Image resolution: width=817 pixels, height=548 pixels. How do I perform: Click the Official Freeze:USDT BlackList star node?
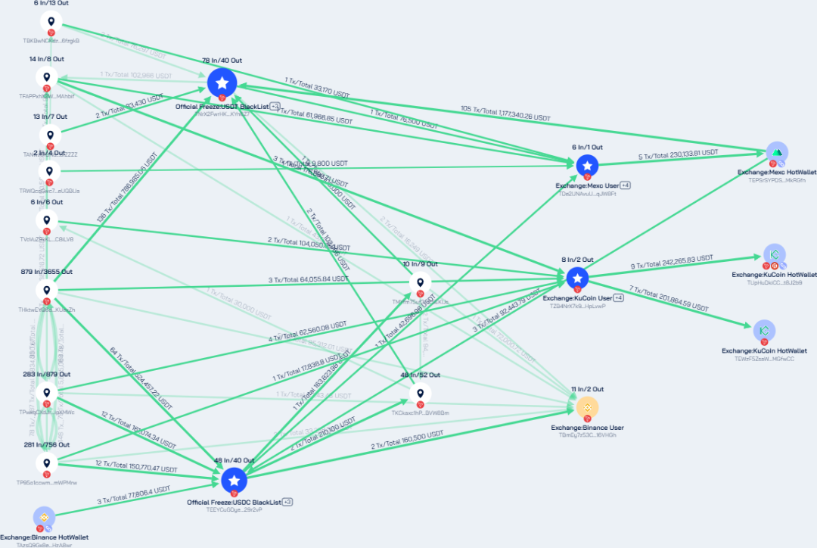pyautogui.click(x=222, y=83)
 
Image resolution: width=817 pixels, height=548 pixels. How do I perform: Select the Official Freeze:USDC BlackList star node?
pyautogui.click(x=233, y=480)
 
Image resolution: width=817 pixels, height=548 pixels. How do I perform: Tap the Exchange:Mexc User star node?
pyautogui.click(x=587, y=166)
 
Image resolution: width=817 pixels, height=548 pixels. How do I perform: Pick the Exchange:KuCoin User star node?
pyautogui.click(x=576, y=278)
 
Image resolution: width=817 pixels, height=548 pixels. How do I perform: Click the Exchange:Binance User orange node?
pyautogui.click(x=586, y=408)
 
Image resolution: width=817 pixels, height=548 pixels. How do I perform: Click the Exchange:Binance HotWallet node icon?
pyautogui.click(x=44, y=518)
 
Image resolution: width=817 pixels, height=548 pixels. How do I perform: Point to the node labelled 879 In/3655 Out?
pyautogui.click(x=47, y=290)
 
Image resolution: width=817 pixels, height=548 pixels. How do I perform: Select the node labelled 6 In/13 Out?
pyautogui.click(x=51, y=22)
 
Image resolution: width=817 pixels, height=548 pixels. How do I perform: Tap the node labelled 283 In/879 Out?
pyautogui.click(x=47, y=393)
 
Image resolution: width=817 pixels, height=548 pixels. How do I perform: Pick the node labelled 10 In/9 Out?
pyautogui.click(x=419, y=282)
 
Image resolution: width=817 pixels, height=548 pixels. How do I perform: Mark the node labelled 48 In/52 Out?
pyautogui.click(x=419, y=394)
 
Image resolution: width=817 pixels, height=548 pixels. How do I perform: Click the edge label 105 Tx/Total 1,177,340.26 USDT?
pyautogui.click(x=505, y=113)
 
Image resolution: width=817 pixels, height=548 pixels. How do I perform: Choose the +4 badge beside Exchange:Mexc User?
pyautogui.click(x=626, y=185)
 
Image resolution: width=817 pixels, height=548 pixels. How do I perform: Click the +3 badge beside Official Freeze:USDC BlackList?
pyautogui.click(x=288, y=502)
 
